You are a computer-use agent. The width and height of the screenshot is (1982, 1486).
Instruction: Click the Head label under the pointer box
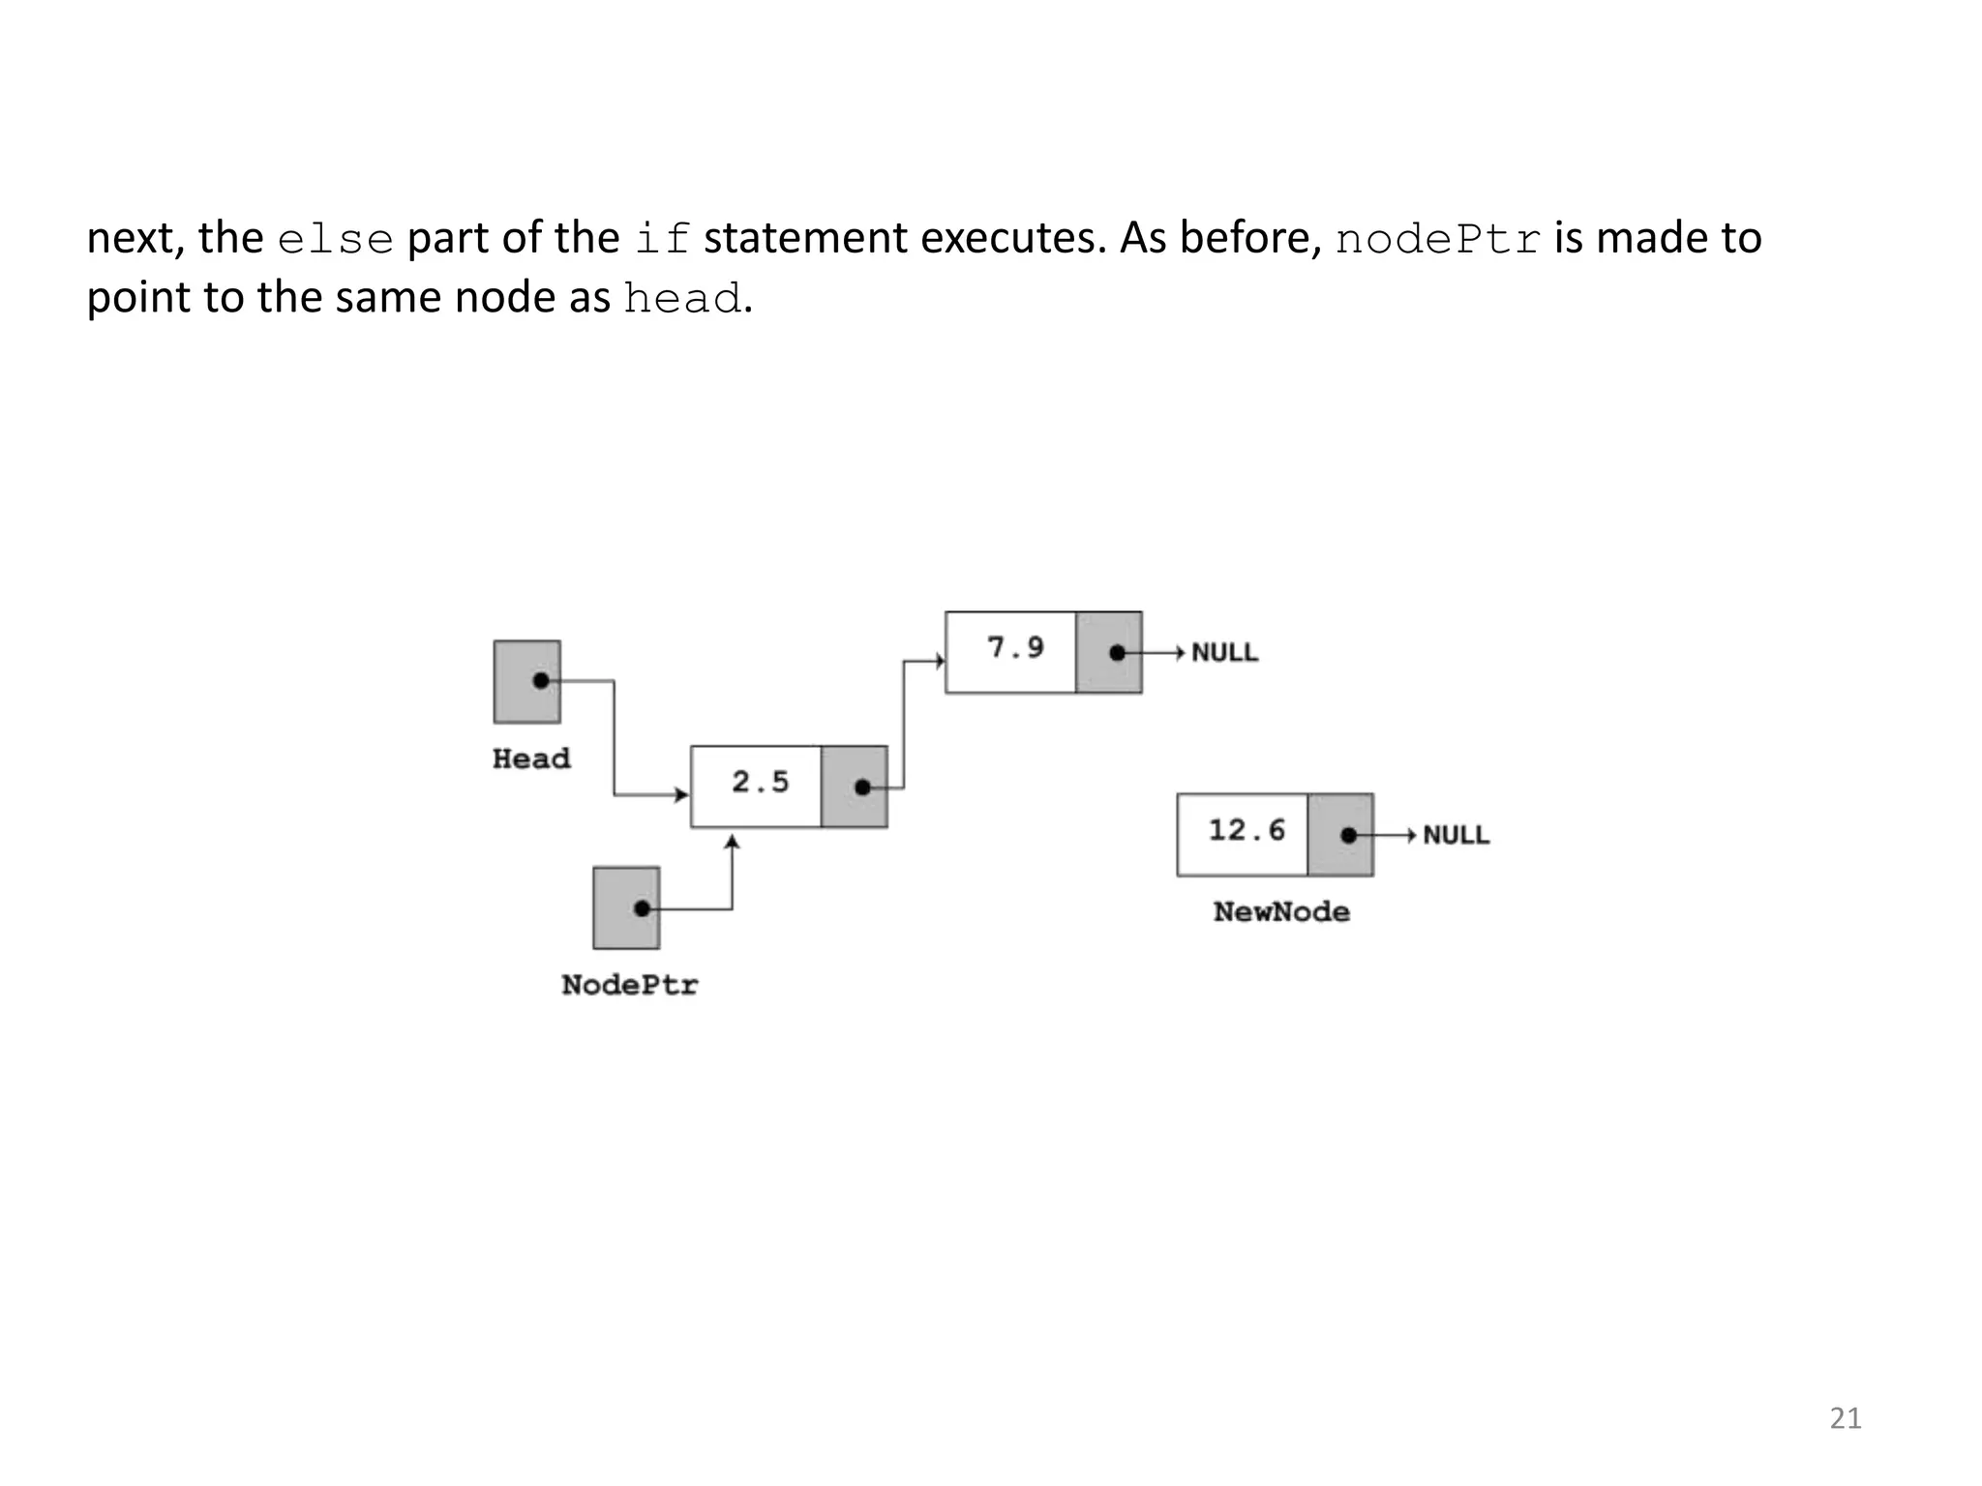point(531,758)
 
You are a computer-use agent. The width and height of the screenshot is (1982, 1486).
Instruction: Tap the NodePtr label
point(629,985)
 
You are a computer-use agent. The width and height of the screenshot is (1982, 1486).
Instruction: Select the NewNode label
point(1281,911)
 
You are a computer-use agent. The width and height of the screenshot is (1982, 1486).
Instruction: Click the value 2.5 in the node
point(760,782)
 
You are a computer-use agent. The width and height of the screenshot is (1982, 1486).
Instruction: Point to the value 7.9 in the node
point(1015,647)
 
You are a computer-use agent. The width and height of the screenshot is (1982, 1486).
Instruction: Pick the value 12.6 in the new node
point(1246,830)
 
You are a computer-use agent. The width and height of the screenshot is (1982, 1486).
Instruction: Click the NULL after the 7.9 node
point(1224,653)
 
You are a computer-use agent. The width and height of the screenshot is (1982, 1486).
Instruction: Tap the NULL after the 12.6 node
point(1456,835)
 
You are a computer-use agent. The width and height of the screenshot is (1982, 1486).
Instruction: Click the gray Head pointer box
point(527,681)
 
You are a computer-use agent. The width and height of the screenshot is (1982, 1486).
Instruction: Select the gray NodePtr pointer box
point(626,907)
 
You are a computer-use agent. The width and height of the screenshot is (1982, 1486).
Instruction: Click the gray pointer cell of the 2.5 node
point(854,787)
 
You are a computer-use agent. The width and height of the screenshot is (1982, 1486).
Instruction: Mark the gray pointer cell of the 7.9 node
point(1109,652)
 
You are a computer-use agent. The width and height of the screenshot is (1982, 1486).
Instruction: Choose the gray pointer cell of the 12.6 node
point(1340,835)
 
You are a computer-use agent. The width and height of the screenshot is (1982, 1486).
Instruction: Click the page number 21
point(1845,1418)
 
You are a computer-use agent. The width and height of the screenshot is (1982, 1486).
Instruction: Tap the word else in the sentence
point(335,239)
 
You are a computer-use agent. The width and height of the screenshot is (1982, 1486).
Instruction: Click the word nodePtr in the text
point(1437,239)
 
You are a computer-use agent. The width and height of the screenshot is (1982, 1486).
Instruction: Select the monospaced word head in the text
point(682,298)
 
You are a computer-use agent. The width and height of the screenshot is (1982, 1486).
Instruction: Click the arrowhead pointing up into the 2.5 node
point(733,842)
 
